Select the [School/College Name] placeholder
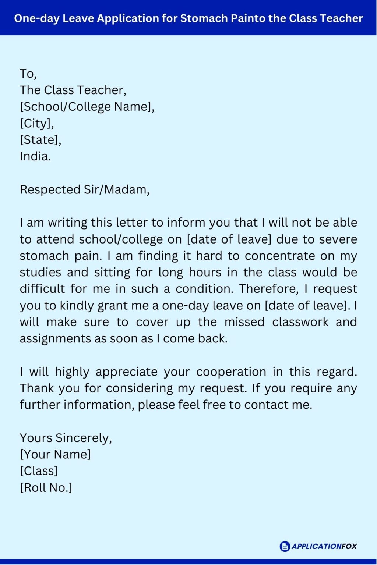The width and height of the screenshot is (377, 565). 87,107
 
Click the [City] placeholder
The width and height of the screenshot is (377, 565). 37,123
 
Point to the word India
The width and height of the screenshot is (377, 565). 35,156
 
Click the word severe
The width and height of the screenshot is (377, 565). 338,239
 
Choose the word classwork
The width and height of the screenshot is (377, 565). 300,322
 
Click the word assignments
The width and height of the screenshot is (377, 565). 56,338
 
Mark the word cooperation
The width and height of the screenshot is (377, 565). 231,372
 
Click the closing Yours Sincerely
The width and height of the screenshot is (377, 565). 66,438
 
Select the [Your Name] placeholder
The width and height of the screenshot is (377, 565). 55,454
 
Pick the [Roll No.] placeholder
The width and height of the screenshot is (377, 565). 46,487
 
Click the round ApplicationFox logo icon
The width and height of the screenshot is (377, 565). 285,546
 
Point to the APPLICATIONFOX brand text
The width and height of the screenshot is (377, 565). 324,546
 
